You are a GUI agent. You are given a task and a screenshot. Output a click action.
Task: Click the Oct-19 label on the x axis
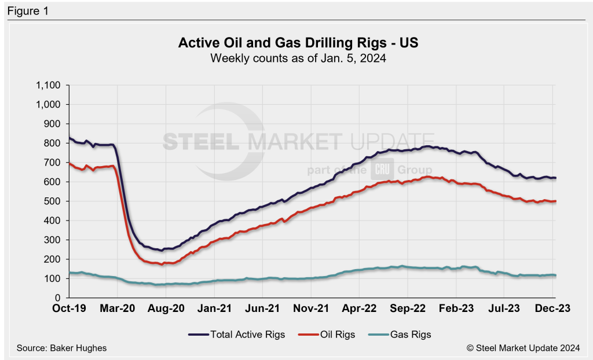[69, 309]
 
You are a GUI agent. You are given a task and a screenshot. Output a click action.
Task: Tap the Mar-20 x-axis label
[118, 309]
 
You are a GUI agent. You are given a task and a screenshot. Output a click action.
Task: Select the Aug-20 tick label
[166, 309]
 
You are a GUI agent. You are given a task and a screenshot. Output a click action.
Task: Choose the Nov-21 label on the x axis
[311, 309]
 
